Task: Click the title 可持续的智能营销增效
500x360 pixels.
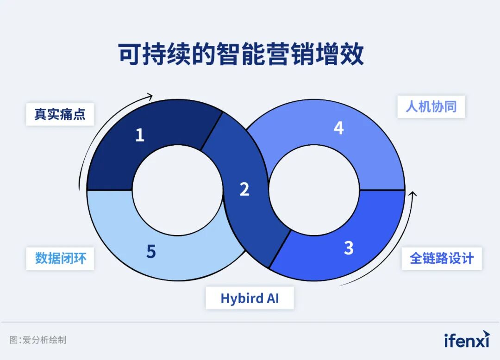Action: point(241,55)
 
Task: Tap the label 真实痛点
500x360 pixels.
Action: point(60,114)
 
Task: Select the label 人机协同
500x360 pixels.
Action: point(431,106)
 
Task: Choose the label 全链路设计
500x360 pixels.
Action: point(441,258)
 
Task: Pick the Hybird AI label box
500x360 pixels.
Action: point(250,298)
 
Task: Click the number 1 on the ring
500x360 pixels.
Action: point(139,135)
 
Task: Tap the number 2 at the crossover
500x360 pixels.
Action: point(244,189)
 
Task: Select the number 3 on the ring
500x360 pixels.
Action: point(349,248)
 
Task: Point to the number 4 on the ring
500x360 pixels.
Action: point(339,128)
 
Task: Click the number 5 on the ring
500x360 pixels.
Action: point(151,252)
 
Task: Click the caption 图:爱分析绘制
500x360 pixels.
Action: point(38,340)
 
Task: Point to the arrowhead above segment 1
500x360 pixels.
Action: point(150,96)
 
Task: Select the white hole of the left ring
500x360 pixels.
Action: point(177,190)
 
